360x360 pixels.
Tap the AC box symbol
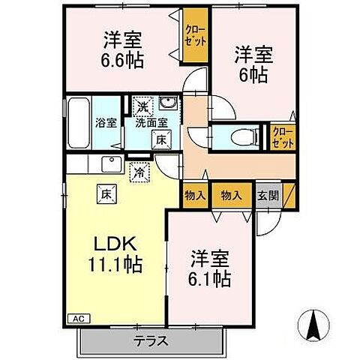(77, 318)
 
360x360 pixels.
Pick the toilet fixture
(239, 136)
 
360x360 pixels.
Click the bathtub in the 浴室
(78, 123)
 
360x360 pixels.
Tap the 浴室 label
(106, 123)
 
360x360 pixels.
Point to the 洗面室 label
(151, 123)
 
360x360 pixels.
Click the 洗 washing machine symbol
(142, 106)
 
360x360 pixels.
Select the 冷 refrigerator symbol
(139, 172)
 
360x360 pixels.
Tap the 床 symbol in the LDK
(103, 193)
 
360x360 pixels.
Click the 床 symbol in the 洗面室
(160, 138)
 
